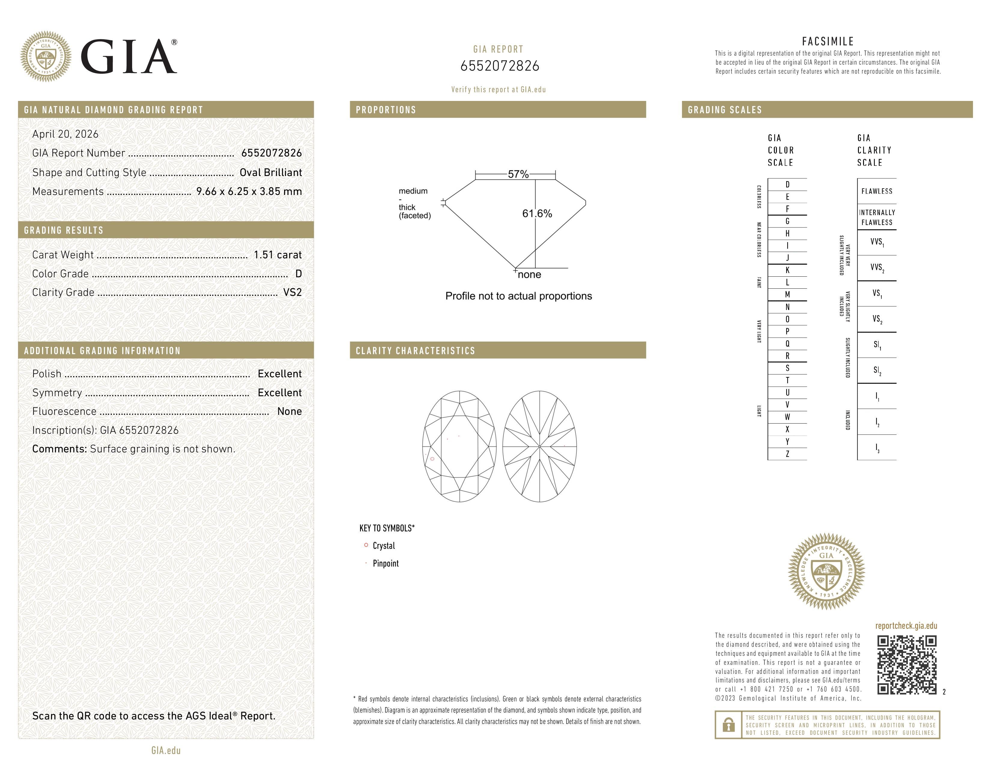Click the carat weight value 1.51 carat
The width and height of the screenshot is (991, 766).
point(277,255)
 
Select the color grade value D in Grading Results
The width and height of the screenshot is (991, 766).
point(298,274)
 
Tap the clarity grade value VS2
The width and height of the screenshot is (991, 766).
point(292,293)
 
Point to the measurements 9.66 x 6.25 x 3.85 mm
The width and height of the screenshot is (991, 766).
point(249,192)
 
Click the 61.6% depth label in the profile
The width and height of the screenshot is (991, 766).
point(537,214)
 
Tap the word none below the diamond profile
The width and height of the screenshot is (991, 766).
point(529,275)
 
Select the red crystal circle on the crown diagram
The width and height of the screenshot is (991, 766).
point(432,459)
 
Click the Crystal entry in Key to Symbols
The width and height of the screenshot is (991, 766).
point(383,546)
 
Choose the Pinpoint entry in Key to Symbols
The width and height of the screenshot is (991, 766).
point(385,564)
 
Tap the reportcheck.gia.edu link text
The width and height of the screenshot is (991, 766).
point(906,626)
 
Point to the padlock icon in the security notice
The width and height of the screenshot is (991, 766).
point(728,725)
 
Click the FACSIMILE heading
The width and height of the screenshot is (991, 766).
point(828,41)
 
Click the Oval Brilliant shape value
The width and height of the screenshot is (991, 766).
point(271,172)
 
